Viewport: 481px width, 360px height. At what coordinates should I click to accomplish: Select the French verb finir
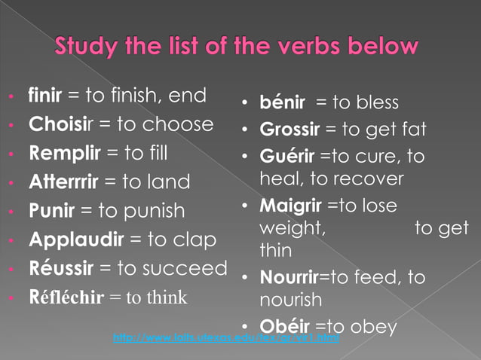[x=45, y=96]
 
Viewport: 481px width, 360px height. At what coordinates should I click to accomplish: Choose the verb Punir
[x=50, y=210]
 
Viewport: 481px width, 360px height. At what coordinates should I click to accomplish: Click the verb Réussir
[x=59, y=268]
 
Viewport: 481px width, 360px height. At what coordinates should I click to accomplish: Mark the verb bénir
[x=281, y=102]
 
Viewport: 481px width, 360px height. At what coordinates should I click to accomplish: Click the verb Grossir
[x=290, y=130]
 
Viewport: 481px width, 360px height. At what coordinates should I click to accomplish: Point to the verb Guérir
[x=286, y=157]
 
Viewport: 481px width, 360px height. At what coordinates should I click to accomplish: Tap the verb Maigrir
[x=289, y=206]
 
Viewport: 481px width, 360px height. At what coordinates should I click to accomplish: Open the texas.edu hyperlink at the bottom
[x=225, y=339]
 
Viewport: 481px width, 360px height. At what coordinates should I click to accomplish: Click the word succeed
[x=191, y=268]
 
